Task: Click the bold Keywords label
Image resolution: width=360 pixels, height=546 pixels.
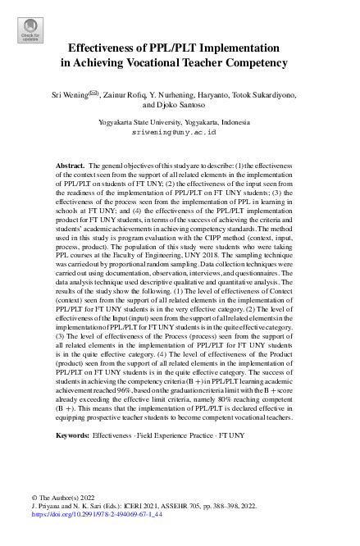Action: click(71, 435)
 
